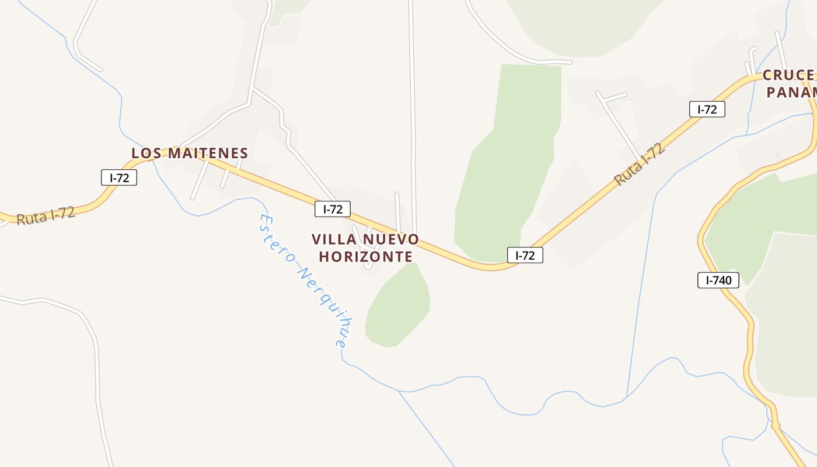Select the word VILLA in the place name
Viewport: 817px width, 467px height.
point(332,239)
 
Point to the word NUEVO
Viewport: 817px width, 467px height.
point(391,239)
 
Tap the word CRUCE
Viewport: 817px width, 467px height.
point(788,75)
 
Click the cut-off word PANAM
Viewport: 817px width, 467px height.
point(791,92)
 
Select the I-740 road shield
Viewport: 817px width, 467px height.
point(718,280)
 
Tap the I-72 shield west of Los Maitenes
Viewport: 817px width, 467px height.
point(119,177)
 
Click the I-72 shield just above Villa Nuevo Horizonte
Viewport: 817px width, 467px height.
point(333,209)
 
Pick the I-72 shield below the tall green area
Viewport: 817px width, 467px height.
point(525,255)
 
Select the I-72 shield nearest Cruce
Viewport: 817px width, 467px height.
point(707,109)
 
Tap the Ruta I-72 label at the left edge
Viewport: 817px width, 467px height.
point(46,215)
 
